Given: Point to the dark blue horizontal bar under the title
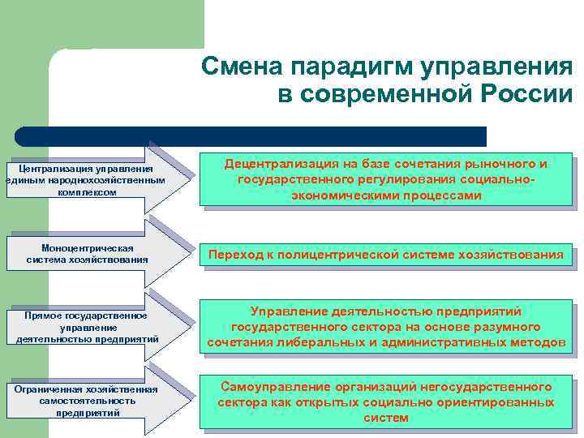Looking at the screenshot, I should (251, 136).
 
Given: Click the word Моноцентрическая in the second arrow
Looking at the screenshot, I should (87, 247).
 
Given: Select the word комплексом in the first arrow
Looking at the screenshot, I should (88, 192).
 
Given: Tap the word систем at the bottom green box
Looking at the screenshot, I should (386, 418).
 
